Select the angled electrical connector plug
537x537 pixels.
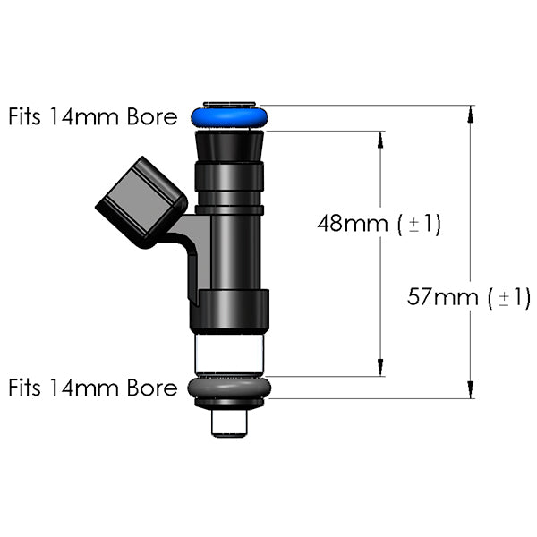point(141,200)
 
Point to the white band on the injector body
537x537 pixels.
point(229,353)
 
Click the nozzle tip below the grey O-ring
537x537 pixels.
point(229,421)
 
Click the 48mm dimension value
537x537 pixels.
point(354,224)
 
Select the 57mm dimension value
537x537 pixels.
point(443,297)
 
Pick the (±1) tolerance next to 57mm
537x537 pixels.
point(509,297)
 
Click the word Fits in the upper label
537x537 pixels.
point(25,117)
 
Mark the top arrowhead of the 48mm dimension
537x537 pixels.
point(381,139)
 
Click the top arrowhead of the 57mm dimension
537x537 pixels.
point(471,113)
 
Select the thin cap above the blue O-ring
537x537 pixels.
point(229,104)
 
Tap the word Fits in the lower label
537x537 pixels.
point(25,388)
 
